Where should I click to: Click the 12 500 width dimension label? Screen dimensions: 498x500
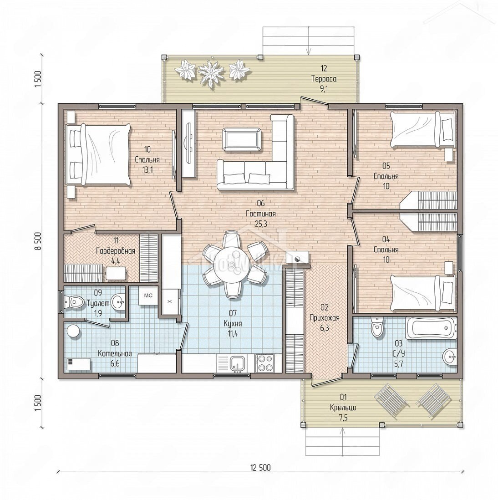pos(260,468)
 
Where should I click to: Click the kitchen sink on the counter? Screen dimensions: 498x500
pos(238,363)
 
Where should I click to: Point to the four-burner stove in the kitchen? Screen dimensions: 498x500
pos(264,363)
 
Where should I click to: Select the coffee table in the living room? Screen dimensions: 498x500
pos(242,139)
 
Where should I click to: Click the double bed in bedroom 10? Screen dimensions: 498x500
pos(98,154)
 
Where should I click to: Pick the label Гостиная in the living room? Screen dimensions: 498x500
pos(261,213)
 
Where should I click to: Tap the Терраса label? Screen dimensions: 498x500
pos(324,78)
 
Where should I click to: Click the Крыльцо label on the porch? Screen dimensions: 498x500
pos(343,408)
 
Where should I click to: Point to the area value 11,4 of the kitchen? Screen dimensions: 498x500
pos(233,334)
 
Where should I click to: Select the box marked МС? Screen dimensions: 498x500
pos(148,296)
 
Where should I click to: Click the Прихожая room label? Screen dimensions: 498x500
pos(325,317)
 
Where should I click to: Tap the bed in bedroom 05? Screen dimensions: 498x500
pos(423,129)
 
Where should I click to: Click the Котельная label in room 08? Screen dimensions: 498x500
pos(115,353)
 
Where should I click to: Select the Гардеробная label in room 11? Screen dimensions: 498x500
pos(116,251)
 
